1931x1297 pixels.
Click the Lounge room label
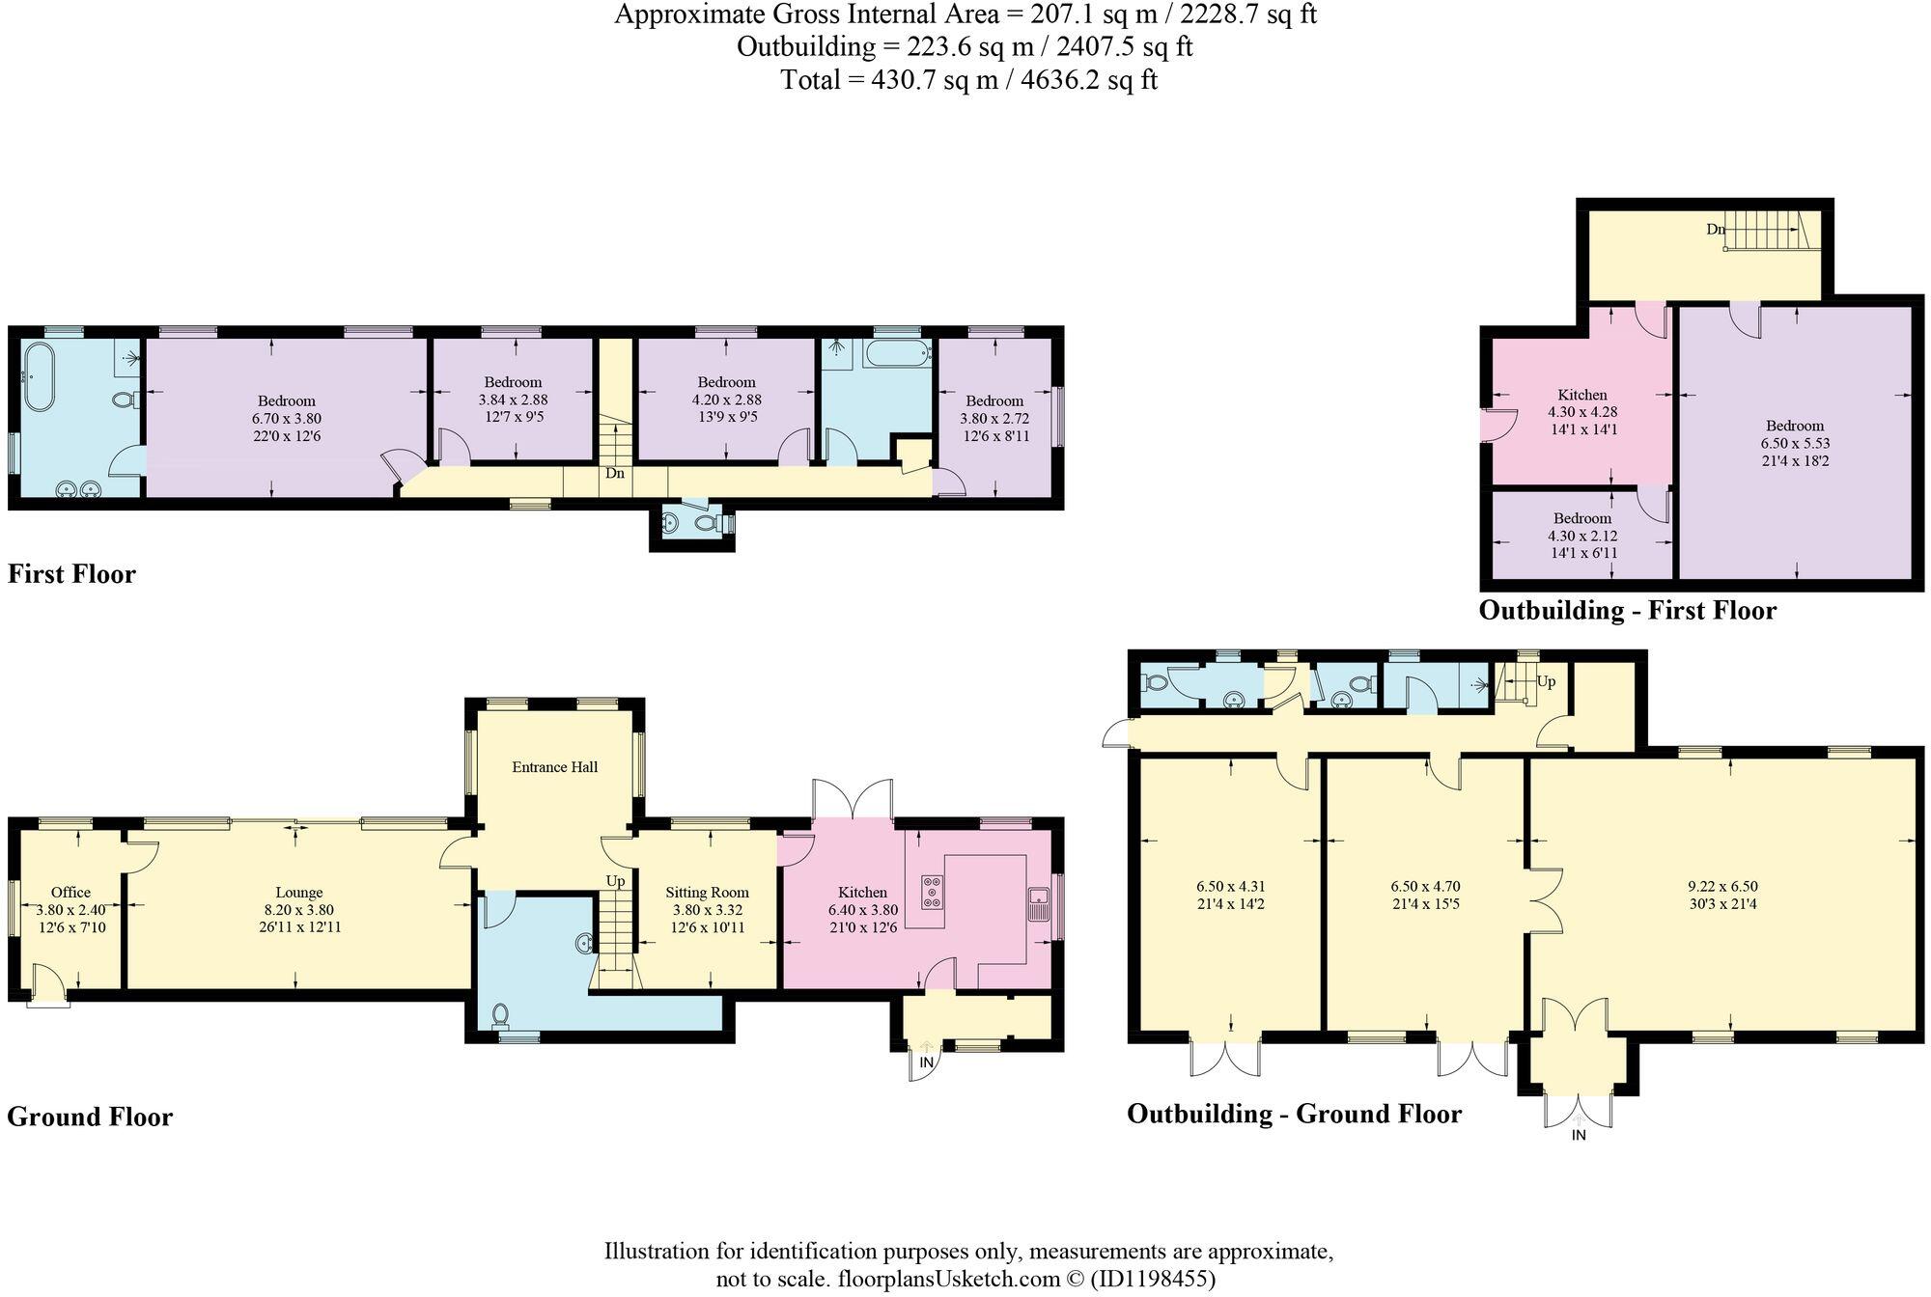coord(298,893)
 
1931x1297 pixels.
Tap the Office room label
coord(70,893)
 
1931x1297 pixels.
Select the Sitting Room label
coord(707,893)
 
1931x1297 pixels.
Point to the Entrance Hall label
coord(554,767)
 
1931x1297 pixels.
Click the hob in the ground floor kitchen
coord(933,892)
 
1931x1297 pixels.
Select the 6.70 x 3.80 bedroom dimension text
coord(286,419)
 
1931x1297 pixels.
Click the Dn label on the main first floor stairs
coord(615,474)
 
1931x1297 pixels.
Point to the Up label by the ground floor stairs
coord(615,880)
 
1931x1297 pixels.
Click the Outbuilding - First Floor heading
coord(1627,610)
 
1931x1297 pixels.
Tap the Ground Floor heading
coord(90,1117)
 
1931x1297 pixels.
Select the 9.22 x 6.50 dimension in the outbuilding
coord(1722,886)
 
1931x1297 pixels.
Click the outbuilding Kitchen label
coord(1582,395)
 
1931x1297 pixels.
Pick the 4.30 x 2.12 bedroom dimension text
coord(1582,536)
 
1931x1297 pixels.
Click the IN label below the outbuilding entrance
coord(1579,1136)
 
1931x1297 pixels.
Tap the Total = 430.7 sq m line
coord(968,79)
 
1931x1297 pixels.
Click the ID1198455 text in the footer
coord(1153,1280)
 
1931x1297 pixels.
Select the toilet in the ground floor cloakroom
coord(500,1015)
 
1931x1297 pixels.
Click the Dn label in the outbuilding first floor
coord(1715,230)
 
